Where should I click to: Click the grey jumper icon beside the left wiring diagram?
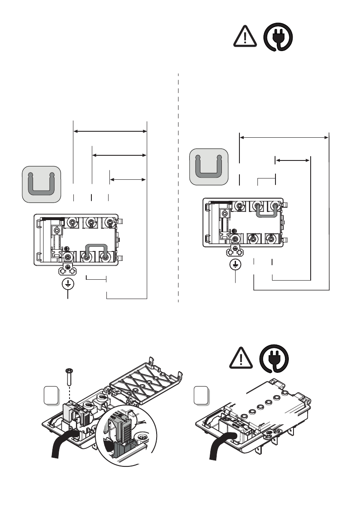click(x=41, y=184)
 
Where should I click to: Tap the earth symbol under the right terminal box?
click(x=235, y=265)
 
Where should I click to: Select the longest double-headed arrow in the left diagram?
click(x=110, y=131)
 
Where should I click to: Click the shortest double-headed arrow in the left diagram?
click(x=127, y=178)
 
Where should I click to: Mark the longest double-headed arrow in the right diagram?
click(x=284, y=137)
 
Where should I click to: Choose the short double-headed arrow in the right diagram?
click(x=292, y=160)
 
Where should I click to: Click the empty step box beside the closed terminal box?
click(x=201, y=395)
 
